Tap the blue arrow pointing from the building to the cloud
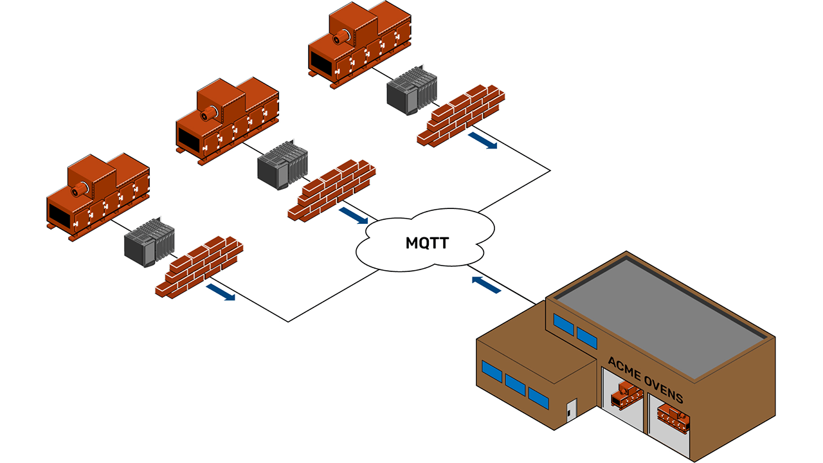point(486,285)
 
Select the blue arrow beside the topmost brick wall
point(482,141)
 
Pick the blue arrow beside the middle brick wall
point(354,216)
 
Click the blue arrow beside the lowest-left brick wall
point(221,293)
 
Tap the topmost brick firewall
point(460,114)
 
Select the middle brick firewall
point(332,190)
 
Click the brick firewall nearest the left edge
point(199,265)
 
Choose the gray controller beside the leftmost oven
point(149,241)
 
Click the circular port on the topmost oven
point(338,39)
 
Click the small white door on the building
point(571,412)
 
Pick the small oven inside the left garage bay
point(624,394)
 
